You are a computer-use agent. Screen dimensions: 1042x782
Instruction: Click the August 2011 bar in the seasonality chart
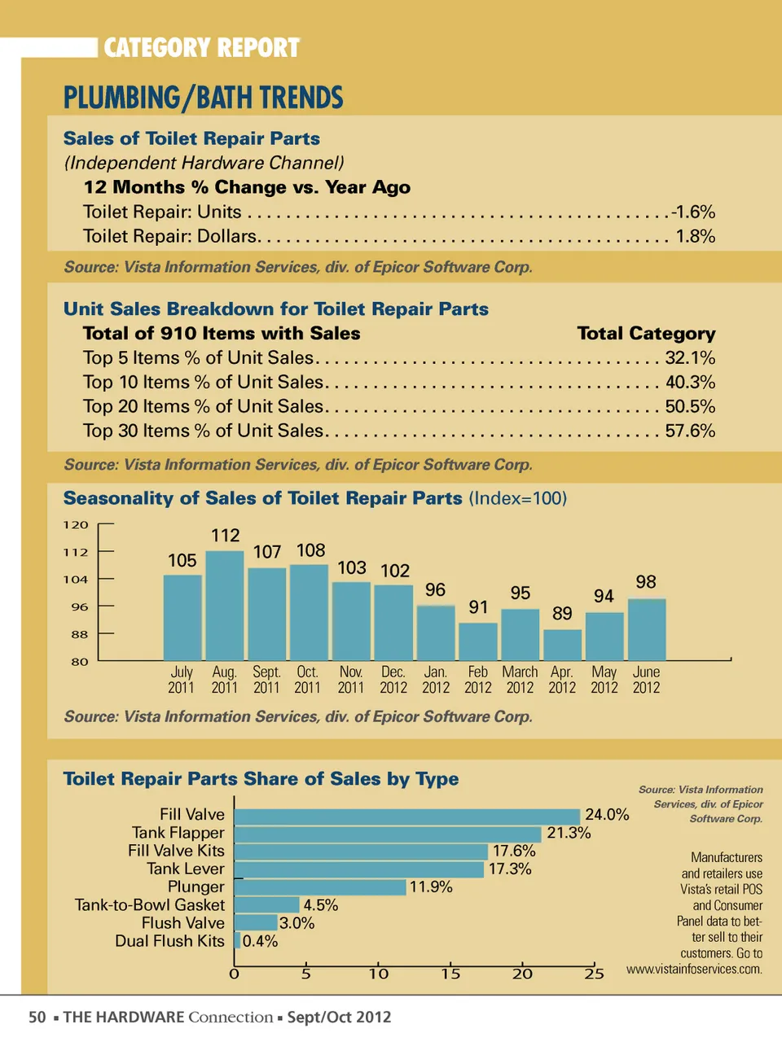(x=225, y=606)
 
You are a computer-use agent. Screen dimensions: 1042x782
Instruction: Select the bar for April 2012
(x=562, y=645)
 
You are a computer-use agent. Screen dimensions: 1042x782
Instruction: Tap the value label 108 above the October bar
(x=310, y=551)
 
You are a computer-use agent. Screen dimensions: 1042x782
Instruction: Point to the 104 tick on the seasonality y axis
(x=76, y=580)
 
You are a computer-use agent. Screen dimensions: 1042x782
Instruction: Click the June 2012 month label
(x=646, y=680)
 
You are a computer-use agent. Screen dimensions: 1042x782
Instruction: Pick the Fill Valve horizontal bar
(x=407, y=817)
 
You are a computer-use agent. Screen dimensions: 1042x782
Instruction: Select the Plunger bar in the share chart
(x=320, y=887)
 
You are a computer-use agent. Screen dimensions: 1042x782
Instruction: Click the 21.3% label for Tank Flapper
(x=569, y=833)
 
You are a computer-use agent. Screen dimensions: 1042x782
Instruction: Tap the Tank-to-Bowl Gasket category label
(x=149, y=905)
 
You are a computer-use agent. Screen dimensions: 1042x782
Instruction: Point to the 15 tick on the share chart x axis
(x=450, y=974)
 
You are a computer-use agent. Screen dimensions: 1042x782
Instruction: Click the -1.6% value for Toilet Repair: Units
(x=692, y=212)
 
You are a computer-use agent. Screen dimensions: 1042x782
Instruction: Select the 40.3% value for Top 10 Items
(x=690, y=383)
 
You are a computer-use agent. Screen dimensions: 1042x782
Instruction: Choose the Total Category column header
(x=646, y=334)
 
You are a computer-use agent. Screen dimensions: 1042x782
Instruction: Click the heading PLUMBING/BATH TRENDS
(x=204, y=99)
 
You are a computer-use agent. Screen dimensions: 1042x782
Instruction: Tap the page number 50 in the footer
(x=37, y=1018)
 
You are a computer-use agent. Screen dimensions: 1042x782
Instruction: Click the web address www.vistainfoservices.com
(x=694, y=970)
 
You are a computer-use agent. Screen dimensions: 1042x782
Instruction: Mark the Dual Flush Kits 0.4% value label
(x=260, y=942)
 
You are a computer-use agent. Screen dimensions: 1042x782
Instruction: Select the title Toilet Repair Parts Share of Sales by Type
(x=261, y=779)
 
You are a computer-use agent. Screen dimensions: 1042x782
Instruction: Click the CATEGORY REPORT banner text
(x=202, y=48)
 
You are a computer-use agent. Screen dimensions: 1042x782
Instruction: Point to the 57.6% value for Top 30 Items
(x=690, y=431)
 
